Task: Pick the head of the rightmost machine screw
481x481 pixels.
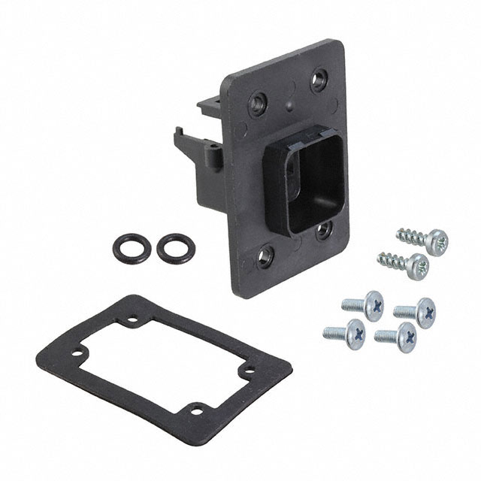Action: pyautogui.click(x=423, y=309)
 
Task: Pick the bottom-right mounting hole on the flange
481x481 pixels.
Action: pyautogui.click(x=323, y=229)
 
